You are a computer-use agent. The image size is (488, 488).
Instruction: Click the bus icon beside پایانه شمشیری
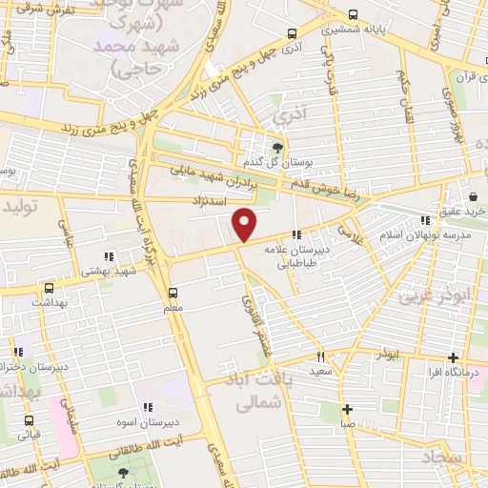point(354,15)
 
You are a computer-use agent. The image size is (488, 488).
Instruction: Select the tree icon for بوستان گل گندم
point(276,148)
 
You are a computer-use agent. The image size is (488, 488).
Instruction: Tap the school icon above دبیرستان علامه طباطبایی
point(297,234)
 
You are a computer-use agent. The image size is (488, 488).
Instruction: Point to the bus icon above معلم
point(173,293)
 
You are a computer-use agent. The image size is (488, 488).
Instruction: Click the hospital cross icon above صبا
point(347,410)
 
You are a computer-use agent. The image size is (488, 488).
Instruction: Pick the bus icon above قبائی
point(30,420)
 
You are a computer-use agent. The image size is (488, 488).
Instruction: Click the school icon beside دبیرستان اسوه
point(148,408)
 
